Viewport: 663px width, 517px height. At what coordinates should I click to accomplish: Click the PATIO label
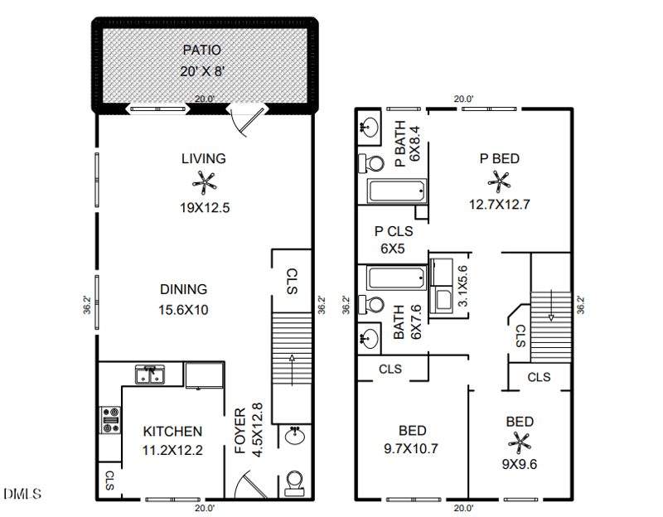coord(203,51)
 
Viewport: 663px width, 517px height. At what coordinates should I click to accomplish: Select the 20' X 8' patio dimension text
coord(203,71)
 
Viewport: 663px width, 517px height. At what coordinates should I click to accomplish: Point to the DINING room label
coord(183,289)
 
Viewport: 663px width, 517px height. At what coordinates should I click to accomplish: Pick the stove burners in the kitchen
coord(109,420)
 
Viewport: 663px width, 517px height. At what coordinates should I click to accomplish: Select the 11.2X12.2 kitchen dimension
coord(172,451)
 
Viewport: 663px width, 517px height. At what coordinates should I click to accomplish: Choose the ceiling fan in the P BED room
coord(499,180)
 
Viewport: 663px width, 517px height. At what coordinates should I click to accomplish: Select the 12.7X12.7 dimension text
coord(499,205)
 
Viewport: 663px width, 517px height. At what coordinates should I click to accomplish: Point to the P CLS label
coord(394,232)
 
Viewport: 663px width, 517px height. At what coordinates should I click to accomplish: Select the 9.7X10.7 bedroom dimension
coord(412,450)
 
